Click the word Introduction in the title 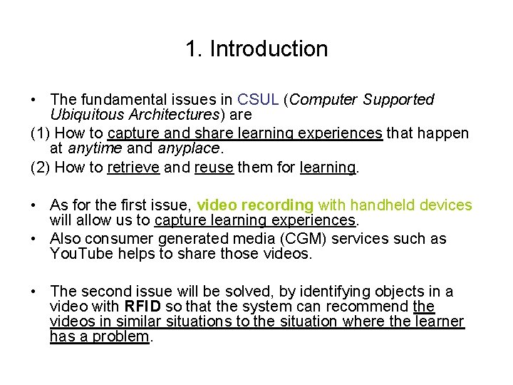[x=269, y=49]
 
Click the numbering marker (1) [x=40, y=133]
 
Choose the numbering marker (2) [x=40, y=168]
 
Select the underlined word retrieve [x=133, y=168]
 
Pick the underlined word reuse [x=214, y=168]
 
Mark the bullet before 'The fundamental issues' [x=34, y=100]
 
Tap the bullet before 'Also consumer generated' [x=34, y=239]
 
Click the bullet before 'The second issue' [x=34, y=292]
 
